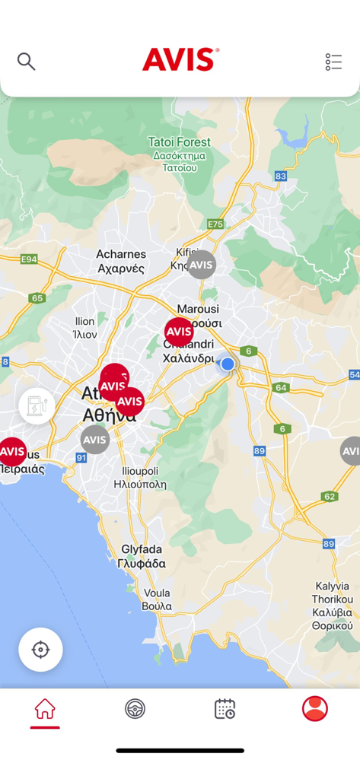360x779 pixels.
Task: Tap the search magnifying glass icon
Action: [x=27, y=62]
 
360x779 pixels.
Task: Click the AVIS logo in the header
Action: [x=180, y=60]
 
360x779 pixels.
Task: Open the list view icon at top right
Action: [x=333, y=62]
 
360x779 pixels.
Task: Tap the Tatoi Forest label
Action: [x=180, y=142]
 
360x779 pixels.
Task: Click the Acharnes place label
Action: [x=121, y=261]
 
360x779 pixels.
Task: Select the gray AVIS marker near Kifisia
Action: [x=201, y=265]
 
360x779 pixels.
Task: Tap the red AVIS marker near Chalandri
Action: [x=179, y=332]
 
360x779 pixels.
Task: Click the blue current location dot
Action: [x=228, y=364]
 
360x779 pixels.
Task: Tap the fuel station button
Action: [x=37, y=406]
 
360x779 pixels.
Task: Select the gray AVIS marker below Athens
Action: [x=95, y=439]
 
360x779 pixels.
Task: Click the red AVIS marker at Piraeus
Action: [x=12, y=452]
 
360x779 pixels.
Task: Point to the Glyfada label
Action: [x=142, y=556]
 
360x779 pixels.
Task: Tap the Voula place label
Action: [x=157, y=599]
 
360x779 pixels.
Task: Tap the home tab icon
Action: [x=45, y=709]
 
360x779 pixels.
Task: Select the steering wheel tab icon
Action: [x=135, y=709]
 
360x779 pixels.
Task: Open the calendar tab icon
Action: [x=225, y=709]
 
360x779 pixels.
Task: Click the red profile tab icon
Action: [x=314, y=709]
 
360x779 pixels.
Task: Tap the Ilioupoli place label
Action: [x=140, y=477]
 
